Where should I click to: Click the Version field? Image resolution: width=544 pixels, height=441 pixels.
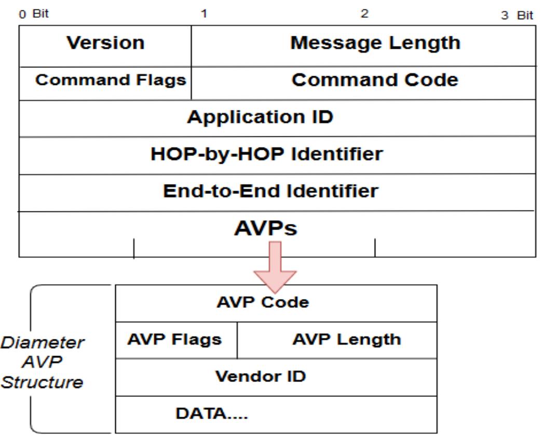pos(105,43)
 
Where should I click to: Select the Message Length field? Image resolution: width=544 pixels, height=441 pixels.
pos(375,43)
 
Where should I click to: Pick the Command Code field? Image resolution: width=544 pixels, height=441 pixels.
pos(375,80)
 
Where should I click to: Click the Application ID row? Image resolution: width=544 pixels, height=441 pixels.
pos(260,118)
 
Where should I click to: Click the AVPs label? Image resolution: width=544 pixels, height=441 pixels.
pos(264,228)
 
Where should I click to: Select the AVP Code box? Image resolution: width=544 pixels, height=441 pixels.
pos(262,303)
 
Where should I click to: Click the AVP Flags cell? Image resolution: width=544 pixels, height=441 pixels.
pos(175,339)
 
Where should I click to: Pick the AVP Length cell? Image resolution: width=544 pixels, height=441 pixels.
pos(347,339)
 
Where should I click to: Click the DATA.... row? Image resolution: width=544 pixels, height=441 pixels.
pos(213,415)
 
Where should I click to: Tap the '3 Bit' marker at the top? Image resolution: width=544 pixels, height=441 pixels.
pos(517,15)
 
